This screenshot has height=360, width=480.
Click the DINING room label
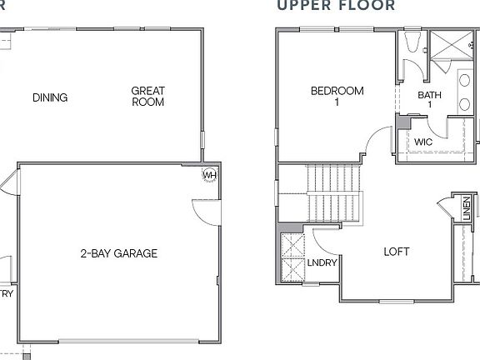50,97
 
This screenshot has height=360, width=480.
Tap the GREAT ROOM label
147,97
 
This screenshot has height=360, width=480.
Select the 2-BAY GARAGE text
119,253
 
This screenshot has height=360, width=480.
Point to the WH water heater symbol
210,175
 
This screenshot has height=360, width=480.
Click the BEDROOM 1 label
337,97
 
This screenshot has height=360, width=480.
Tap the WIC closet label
422,142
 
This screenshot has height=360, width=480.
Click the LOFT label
397,252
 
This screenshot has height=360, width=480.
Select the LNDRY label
321,263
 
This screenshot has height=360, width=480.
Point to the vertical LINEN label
465,208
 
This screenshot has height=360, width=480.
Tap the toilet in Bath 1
412,44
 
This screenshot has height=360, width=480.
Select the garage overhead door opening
117,341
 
